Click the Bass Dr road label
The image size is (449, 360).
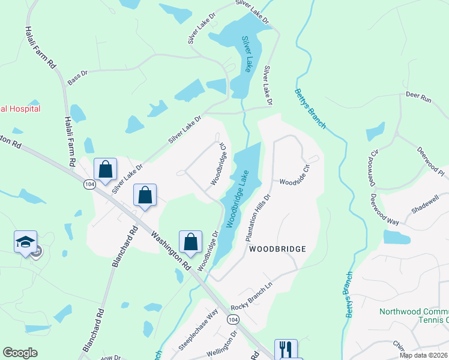click(77, 77)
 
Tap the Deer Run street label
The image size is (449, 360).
click(418, 96)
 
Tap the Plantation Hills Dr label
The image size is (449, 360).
click(259, 217)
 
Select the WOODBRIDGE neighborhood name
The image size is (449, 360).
click(277, 248)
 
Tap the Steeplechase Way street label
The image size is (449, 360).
click(197, 331)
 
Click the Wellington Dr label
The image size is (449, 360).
click(223, 348)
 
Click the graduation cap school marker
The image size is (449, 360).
click(26, 242)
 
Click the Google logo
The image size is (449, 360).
click(20, 353)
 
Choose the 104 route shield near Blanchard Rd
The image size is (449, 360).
click(89, 184)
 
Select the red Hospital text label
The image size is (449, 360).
click(20, 109)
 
